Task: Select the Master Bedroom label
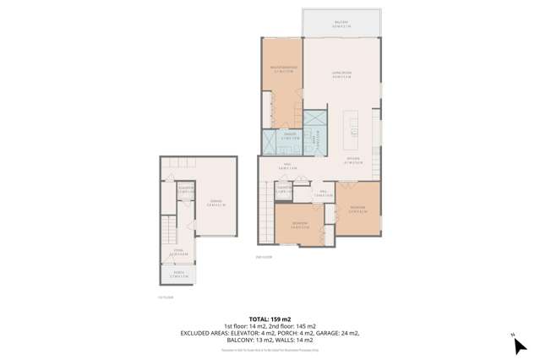coord(283,69)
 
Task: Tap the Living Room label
coord(341,75)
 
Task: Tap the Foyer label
coord(178,252)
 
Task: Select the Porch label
coord(178,274)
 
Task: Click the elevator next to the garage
coord(186,190)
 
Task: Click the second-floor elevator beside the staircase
coord(283,191)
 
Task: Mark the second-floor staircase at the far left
coord(265,207)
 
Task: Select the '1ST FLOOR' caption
coord(165,297)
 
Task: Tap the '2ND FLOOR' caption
coord(264,257)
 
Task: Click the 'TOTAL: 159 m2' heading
coord(270,318)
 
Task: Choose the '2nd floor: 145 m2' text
coord(293,326)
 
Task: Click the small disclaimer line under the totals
coord(270,350)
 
